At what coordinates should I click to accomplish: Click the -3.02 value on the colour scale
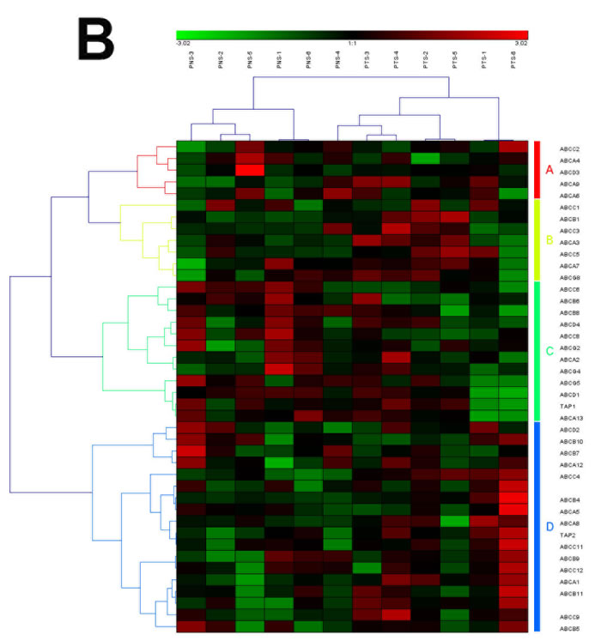tap(183, 42)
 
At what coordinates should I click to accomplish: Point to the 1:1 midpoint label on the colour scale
tap(352, 42)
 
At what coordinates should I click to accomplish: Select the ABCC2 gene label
tap(569, 148)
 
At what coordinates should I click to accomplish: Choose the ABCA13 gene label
tap(571, 417)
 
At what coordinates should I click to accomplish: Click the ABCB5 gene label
tap(570, 628)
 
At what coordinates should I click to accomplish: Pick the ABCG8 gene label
tap(570, 277)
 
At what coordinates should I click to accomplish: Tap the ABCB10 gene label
tap(571, 441)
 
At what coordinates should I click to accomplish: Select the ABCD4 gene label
tap(570, 324)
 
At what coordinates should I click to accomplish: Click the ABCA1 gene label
tap(570, 581)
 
